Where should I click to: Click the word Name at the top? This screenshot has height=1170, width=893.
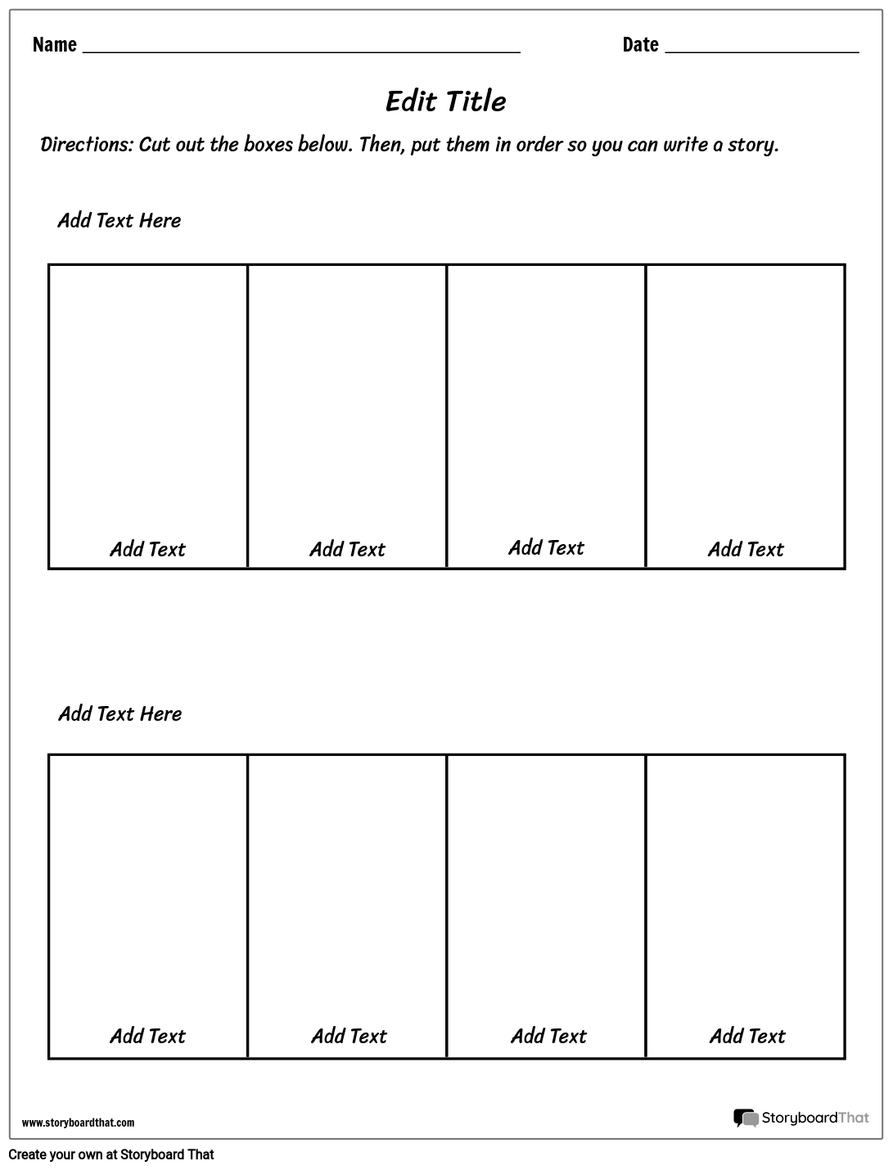(x=55, y=45)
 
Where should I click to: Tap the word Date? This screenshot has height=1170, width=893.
(x=640, y=45)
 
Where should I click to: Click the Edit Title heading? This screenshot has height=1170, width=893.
(x=445, y=101)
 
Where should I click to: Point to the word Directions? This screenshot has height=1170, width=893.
(x=86, y=145)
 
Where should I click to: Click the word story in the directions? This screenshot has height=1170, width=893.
(x=751, y=145)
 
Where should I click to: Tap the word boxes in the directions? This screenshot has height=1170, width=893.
(x=266, y=145)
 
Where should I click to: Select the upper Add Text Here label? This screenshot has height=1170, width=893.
(x=119, y=221)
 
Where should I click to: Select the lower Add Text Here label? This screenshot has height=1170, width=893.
(x=120, y=714)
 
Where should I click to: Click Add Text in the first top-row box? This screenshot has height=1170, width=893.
(x=148, y=549)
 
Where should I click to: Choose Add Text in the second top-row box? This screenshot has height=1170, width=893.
(x=347, y=549)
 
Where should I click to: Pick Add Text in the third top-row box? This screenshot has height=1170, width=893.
(x=546, y=547)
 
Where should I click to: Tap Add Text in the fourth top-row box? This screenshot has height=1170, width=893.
(x=746, y=549)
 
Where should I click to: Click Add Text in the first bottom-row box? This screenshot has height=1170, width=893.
(x=148, y=1036)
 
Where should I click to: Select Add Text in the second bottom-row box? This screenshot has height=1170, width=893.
(x=349, y=1036)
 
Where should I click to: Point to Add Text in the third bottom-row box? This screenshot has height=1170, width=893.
(x=548, y=1036)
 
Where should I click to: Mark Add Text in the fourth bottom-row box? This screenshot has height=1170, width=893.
(x=747, y=1036)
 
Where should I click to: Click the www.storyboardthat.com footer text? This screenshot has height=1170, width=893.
(x=78, y=1123)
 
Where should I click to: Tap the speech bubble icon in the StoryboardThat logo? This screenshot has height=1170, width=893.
(x=746, y=1118)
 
